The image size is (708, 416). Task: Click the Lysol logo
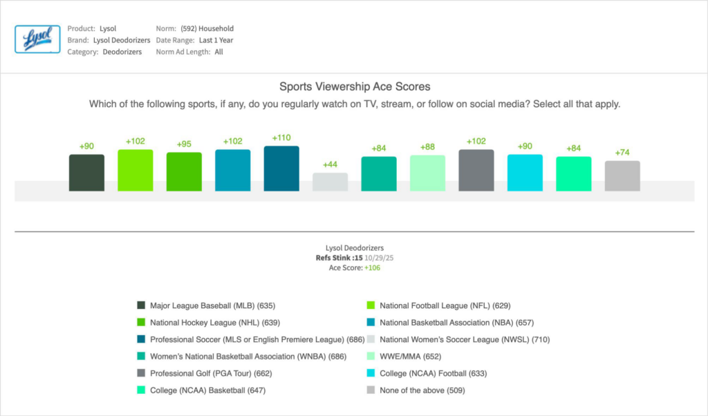tap(37, 39)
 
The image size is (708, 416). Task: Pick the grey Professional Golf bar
tap(476, 170)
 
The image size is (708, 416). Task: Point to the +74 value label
tap(622, 152)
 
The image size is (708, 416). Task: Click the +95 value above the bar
tap(184, 144)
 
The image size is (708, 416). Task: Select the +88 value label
tap(427, 146)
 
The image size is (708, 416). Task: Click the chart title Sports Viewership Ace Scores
tap(355, 86)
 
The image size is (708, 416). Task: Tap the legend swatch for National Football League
tap(371, 305)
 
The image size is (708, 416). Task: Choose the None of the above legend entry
tap(422, 390)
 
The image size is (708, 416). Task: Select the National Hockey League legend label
tap(214, 323)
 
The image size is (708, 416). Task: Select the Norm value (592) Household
tap(207, 29)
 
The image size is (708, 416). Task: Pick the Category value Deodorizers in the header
tap(122, 52)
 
